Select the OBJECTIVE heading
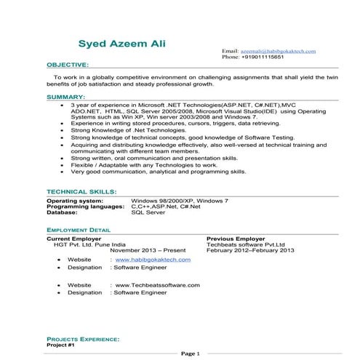[68, 64]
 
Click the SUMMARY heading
[65, 96]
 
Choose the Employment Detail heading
[79, 229]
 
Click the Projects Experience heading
[83, 339]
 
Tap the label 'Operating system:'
[75, 199]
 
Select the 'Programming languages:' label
[85, 207]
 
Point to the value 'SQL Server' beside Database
[148, 213]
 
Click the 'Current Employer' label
[73, 238]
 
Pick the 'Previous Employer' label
[235, 238]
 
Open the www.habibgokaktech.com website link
[153, 259]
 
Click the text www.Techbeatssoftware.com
[157, 285]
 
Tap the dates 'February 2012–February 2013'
[250, 250]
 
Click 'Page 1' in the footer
[190, 353]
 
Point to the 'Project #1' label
[61, 345]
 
